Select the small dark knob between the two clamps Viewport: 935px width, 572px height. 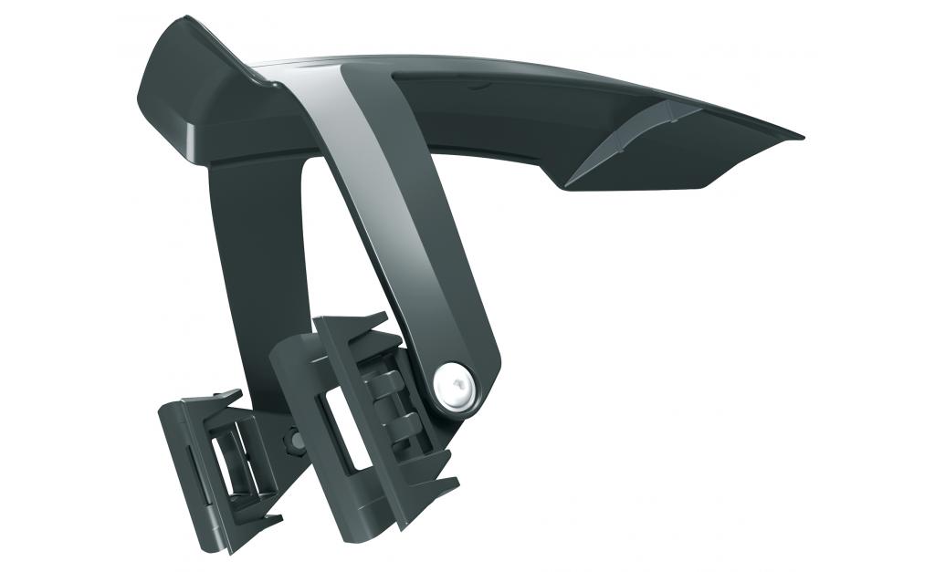(x=296, y=441)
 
